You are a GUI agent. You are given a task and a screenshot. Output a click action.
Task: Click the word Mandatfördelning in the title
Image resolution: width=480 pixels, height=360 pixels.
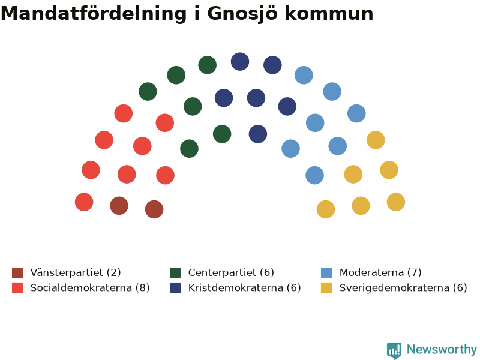click(94, 14)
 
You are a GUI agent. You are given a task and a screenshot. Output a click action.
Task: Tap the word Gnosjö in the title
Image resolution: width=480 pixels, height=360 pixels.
click(242, 14)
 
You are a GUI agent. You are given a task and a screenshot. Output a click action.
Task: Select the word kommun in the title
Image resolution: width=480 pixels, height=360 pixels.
click(329, 14)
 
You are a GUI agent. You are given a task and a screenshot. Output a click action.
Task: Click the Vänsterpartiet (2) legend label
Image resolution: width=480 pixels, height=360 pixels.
click(76, 272)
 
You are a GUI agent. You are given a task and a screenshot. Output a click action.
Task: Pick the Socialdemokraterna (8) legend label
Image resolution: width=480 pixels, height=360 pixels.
click(90, 287)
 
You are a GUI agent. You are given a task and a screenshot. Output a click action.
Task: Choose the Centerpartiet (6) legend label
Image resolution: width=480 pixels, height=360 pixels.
click(231, 272)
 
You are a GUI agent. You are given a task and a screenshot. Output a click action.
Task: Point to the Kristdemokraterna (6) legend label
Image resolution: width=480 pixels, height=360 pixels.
click(245, 287)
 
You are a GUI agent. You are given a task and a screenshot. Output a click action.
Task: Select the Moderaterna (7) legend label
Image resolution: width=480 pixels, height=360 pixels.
click(380, 272)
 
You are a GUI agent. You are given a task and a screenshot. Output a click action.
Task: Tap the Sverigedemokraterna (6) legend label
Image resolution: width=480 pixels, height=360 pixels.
click(403, 287)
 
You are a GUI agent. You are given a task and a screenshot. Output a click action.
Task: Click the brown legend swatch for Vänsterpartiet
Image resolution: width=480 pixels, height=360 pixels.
click(17, 272)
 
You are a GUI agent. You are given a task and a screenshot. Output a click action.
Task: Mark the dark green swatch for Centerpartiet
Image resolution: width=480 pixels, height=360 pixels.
click(175, 272)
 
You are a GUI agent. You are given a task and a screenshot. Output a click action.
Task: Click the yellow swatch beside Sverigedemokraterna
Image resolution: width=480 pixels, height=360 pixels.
click(326, 288)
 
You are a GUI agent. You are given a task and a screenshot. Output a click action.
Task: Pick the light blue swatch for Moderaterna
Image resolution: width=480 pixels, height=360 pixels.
click(326, 272)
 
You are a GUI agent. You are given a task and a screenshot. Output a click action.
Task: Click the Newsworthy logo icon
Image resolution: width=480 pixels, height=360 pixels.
click(394, 350)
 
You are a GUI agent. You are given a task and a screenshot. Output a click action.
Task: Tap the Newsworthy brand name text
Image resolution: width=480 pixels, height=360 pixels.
click(442, 349)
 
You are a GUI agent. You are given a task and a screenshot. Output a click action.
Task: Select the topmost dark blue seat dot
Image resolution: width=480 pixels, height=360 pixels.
click(240, 62)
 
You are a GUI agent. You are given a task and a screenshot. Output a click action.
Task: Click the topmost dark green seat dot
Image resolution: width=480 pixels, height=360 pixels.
click(208, 65)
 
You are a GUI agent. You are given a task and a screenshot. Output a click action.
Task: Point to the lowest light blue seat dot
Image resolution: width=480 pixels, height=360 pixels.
click(314, 175)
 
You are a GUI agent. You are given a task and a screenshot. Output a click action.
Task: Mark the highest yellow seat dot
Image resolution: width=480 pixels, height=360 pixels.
click(376, 140)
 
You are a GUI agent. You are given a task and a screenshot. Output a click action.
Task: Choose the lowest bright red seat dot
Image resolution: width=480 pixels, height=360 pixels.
click(84, 202)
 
